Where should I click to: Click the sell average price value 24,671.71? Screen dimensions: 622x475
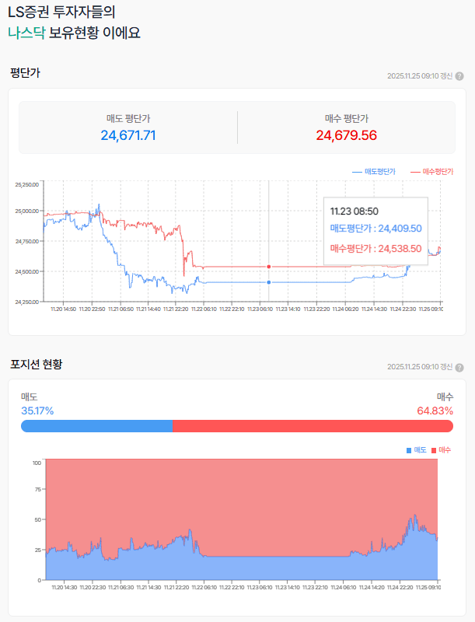tap(128, 135)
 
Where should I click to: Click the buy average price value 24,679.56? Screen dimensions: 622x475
tap(346, 135)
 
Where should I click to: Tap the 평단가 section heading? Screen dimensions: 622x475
tap(25, 73)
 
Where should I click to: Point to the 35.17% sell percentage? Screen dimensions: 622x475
tap(37, 411)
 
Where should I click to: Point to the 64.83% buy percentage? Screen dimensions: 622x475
tap(435, 411)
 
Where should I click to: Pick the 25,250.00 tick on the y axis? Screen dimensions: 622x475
tap(26, 184)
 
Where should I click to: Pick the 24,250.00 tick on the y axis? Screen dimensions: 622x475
tap(26, 302)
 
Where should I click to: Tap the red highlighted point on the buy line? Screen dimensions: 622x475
tap(269, 267)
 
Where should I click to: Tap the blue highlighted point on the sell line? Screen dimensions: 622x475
tap(269, 282)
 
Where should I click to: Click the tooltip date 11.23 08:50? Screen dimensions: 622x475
tap(355, 211)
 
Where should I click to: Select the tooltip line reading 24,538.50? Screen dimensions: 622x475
tap(375, 249)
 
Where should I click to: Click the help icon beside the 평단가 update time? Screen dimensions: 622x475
tap(459, 76)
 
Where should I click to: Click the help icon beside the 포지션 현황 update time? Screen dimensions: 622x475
tap(459, 367)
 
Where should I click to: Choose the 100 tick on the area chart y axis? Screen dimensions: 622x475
tap(37, 463)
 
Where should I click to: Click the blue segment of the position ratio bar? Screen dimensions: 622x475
tap(96, 426)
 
